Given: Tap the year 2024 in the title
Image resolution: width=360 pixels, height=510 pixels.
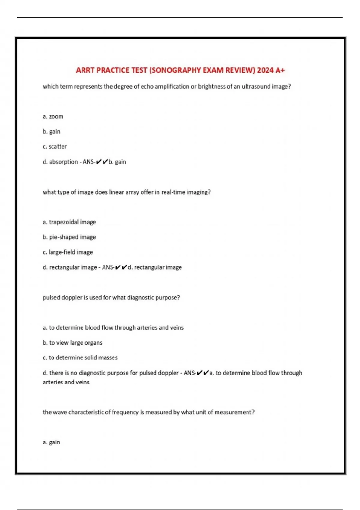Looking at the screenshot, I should click(x=265, y=70).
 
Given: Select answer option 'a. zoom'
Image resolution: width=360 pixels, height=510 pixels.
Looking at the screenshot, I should click(x=53, y=116).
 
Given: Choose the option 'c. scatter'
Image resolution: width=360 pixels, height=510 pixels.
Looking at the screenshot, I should click(x=55, y=146).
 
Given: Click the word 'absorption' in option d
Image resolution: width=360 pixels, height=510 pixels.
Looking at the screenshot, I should click(x=63, y=162).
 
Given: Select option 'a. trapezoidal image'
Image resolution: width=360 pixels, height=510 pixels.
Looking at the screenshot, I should click(x=69, y=222).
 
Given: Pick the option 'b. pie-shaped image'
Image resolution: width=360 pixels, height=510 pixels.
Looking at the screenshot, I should click(x=69, y=237).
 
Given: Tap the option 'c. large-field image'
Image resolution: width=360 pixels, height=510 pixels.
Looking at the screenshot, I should click(x=68, y=252).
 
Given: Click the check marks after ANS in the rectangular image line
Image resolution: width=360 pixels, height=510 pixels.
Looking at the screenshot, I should click(x=121, y=267).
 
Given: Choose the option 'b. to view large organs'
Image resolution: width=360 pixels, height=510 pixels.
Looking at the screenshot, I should click(x=73, y=343).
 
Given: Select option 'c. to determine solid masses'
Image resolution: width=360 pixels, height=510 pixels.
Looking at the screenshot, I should click(x=80, y=358).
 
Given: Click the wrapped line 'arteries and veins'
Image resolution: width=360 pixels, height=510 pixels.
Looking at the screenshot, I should click(x=66, y=382).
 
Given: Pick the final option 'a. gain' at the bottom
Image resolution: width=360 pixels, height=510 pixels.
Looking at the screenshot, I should click(x=51, y=442).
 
